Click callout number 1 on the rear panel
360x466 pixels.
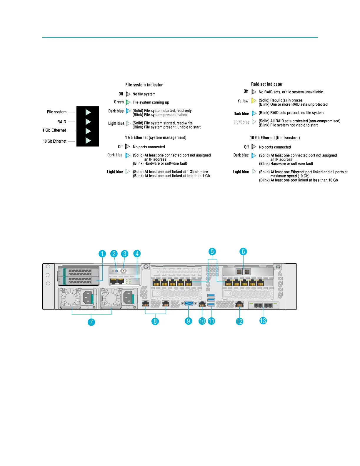[102, 254]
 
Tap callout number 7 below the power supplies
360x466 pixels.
[91, 322]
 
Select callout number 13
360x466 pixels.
[263, 321]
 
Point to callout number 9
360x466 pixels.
[189, 321]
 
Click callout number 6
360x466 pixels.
[243, 252]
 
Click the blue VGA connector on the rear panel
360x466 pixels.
[189, 304]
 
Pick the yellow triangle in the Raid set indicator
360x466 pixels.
[254, 101]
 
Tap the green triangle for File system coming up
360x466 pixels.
[128, 102]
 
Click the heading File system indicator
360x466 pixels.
[144, 85]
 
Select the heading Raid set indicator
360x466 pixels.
[266, 84]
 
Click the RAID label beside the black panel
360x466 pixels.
[62, 122]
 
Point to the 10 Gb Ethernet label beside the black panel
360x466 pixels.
[55, 141]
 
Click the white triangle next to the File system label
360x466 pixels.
[88, 112]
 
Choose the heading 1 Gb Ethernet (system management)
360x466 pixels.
[156, 138]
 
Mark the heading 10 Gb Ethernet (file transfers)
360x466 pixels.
[275, 138]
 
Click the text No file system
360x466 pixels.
[144, 94]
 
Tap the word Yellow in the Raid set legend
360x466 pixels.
[243, 101]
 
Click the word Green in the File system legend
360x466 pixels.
[119, 102]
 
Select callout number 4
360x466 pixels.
[137, 254]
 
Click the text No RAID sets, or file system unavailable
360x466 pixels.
[291, 92]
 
